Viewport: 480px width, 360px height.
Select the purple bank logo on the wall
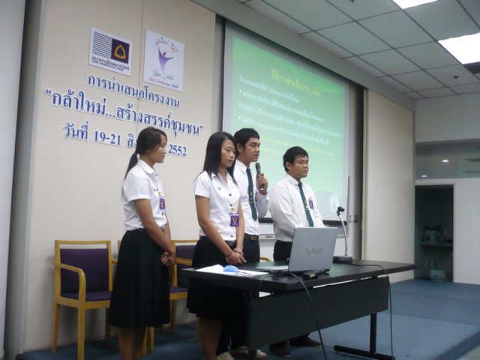tap(111, 52)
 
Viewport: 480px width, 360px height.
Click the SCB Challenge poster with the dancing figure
tap(163, 60)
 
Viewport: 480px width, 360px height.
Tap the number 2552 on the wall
tap(177, 149)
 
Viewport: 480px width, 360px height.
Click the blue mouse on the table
tap(232, 268)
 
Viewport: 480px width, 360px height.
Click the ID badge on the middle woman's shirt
tap(235, 219)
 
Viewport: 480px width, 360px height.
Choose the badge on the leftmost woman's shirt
tap(161, 202)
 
